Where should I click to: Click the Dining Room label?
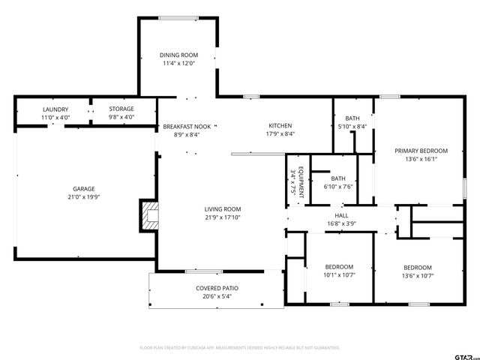pyautogui.click(x=178, y=55)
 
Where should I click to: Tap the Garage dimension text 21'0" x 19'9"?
pyautogui.click(x=84, y=196)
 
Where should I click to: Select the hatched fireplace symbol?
pyautogui.click(x=150, y=215)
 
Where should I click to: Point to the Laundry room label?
pyautogui.click(x=55, y=109)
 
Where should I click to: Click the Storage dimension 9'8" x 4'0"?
pyautogui.click(x=121, y=117)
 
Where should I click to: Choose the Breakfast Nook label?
pyautogui.click(x=187, y=127)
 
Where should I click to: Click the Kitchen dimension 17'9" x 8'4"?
pyautogui.click(x=280, y=133)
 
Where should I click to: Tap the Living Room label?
pyautogui.click(x=223, y=209)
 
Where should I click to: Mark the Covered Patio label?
pyautogui.click(x=217, y=288)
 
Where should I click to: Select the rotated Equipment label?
pyautogui.click(x=301, y=181)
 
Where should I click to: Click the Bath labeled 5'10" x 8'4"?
pyautogui.click(x=352, y=118)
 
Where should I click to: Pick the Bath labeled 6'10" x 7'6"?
pyautogui.click(x=338, y=178)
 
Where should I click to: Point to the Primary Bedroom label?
pyautogui.click(x=421, y=151)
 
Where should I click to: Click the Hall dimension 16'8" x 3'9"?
pyautogui.click(x=341, y=223)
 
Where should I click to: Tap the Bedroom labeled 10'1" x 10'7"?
pyautogui.click(x=339, y=267)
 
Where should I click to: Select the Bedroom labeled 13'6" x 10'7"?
pyautogui.click(x=418, y=268)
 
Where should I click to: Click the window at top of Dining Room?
pyautogui.click(x=178, y=18)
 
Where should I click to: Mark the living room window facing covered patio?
pyautogui.click(x=204, y=271)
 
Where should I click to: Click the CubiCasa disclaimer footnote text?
pyautogui.click(x=240, y=348)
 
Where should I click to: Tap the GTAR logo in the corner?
pyautogui.click(x=466, y=357)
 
